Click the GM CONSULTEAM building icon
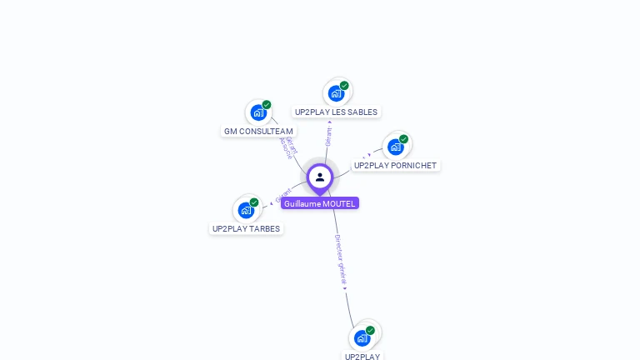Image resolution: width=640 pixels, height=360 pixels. pyautogui.click(x=258, y=112)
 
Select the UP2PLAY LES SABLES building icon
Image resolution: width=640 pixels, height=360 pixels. pyautogui.click(x=336, y=92)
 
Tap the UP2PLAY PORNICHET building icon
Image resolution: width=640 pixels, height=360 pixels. pyautogui.click(x=396, y=147)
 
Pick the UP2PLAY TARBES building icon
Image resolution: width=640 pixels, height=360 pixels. pyautogui.click(x=246, y=209)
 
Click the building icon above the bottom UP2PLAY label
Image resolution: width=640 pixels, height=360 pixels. pyautogui.click(x=362, y=337)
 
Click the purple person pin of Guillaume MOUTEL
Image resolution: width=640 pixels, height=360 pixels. pyautogui.click(x=320, y=177)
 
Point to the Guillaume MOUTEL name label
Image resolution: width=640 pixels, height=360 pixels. pyautogui.click(x=320, y=203)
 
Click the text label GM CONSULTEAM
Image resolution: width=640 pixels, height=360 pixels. pyautogui.click(x=258, y=132)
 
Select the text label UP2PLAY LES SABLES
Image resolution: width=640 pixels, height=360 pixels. pyautogui.click(x=336, y=112)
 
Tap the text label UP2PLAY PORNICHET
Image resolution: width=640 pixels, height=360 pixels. pyautogui.click(x=395, y=166)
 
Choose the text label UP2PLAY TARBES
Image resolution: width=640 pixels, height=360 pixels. pyautogui.click(x=246, y=228)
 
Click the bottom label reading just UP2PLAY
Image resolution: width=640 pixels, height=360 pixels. pyautogui.click(x=362, y=356)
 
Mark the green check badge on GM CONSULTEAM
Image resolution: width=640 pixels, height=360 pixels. pyautogui.click(x=267, y=105)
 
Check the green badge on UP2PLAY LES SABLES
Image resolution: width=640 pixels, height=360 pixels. pyautogui.click(x=344, y=85)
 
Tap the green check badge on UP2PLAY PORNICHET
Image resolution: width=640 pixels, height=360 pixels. pyautogui.click(x=404, y=139)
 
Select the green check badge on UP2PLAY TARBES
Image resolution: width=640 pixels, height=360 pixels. pyautogui.click(x=254, y=202)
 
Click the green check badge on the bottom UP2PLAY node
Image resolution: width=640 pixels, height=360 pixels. pyautogui.click(x=371, y=330)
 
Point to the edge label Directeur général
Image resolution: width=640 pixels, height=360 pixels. pyautogui.click(x=340, y=260)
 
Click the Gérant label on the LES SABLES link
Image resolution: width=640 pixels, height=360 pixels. pyautogui.click(x=329, y=135)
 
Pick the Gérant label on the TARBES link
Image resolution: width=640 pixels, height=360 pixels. pyautogui.click(x=282, y=196)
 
